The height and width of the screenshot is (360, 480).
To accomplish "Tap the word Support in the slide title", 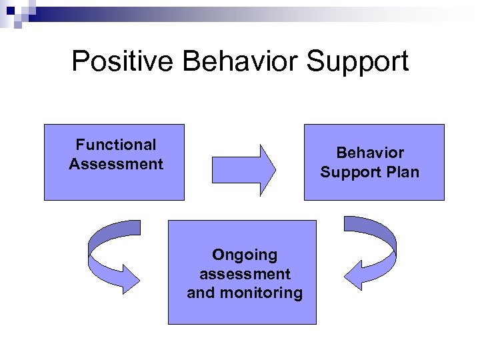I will click(x=357, y=61).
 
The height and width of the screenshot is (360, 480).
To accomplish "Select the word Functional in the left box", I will click(x=116, y=145).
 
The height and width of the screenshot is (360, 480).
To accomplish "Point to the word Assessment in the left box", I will click(x=116, y=164).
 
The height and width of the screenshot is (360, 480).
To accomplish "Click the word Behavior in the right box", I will click(x=370, y=153).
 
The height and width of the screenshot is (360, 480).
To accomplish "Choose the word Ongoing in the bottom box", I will click(x=245, y=254).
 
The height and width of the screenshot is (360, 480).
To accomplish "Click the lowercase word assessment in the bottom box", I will click(x=245, y=273).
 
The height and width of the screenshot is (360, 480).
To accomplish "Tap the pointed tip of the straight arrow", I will click(x=273, y=170).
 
